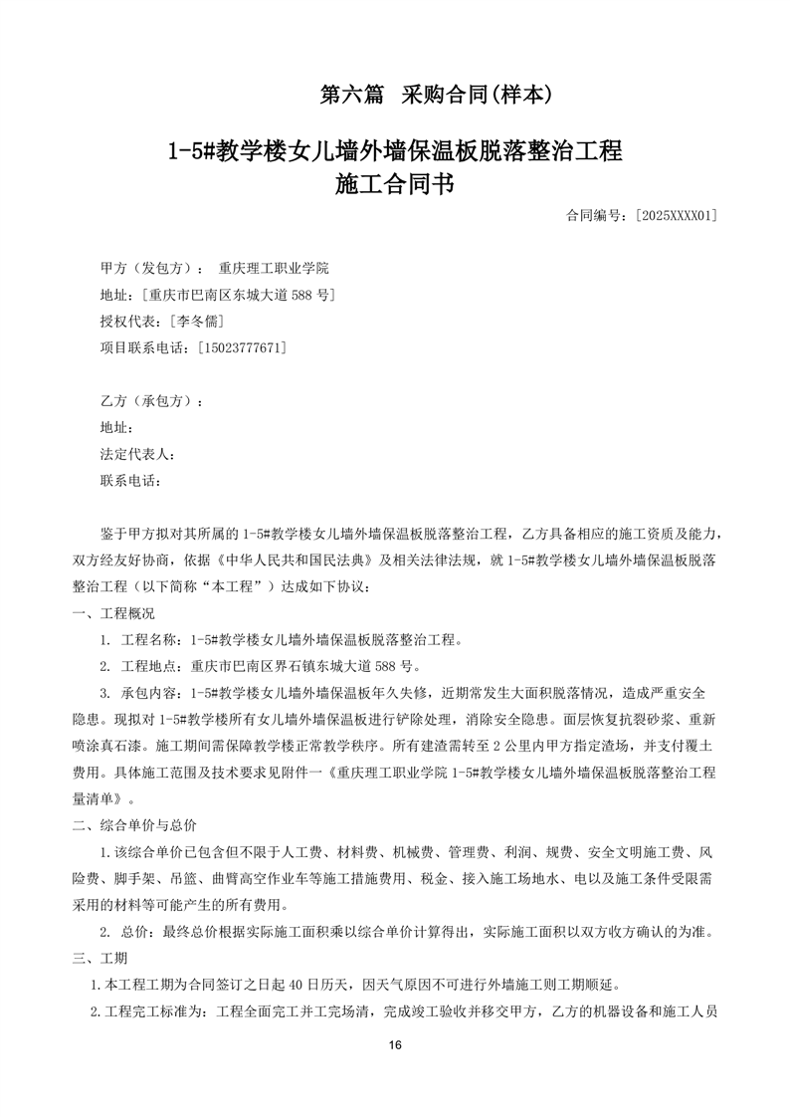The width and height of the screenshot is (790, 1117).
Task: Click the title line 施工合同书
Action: [x=395, y=185]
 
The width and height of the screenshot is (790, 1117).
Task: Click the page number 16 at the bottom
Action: [x=395, y=1045]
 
